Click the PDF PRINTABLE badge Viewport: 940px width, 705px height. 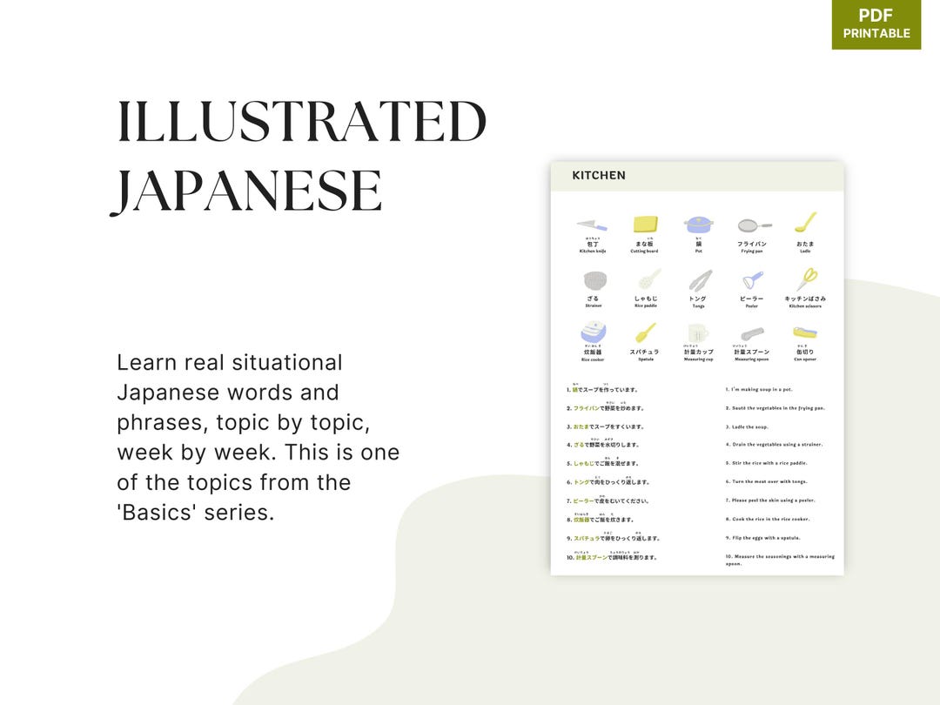click(x=876, y=24)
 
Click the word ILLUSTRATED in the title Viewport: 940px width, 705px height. click(x=302, y=123)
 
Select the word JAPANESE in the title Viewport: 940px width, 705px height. click(x=246, y=191)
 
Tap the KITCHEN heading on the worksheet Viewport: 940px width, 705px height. click(x=599, y=176)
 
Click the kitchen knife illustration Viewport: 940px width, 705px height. click(x=593, y=225)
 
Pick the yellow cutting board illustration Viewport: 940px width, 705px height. click(x=645, y=225)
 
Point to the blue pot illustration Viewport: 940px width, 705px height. click(x=698, y=225)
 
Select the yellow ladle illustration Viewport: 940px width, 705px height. click(x=805, y=223)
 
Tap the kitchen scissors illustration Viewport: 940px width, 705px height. click(x=806, y=279)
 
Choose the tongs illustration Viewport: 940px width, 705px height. click(x=700, y=280)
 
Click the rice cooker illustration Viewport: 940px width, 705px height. click(x=593, y=333)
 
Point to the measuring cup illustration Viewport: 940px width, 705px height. click(x=698, y=334)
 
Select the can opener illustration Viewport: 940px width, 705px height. click(x=804, y=333)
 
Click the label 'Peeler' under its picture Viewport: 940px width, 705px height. click(x=752, y=306)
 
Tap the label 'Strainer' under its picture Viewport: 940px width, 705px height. click(x=593, y=306)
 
